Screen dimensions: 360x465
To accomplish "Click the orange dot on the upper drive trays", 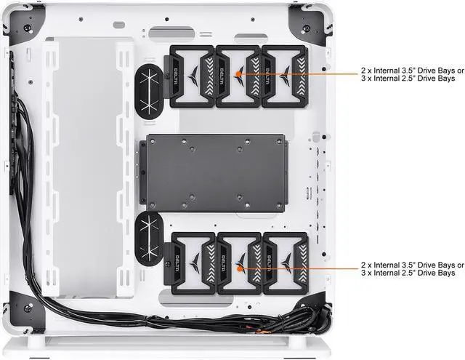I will point(239,74).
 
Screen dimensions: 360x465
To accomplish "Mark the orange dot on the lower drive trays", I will point(239,268).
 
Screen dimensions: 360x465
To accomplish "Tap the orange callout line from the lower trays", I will point(298,268).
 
